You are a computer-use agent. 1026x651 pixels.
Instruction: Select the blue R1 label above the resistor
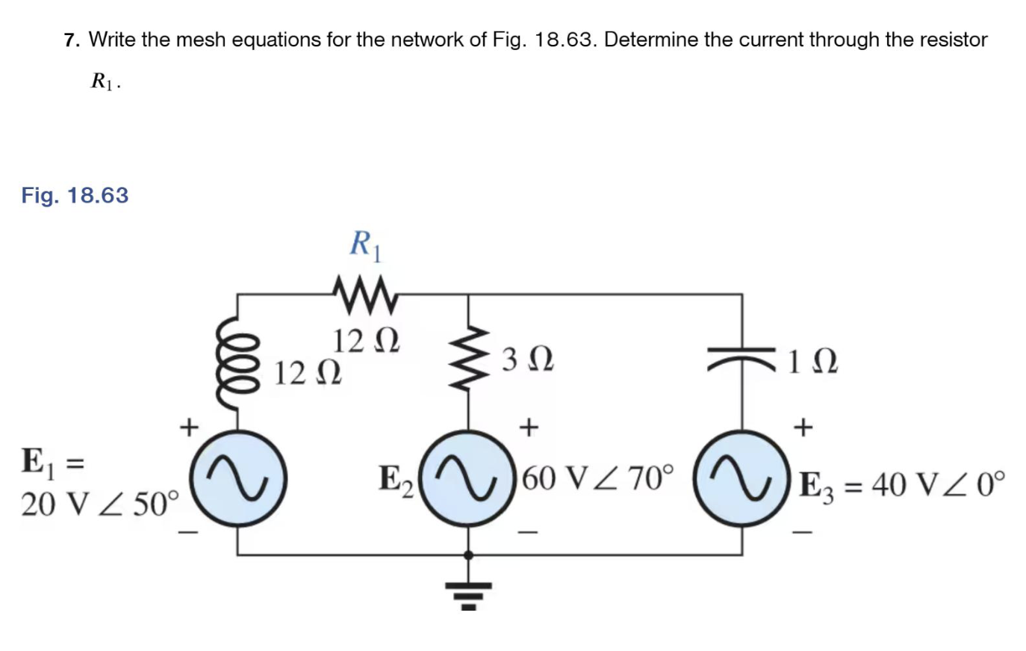[x=366, y=245]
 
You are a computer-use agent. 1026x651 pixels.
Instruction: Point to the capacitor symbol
[x=741, y=359]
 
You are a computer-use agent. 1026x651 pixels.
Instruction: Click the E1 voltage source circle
[x=237, y=479]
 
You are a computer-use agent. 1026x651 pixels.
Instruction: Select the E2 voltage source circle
[x=468, y=479]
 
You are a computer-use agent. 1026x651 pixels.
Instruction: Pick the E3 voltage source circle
[x=741, y=479]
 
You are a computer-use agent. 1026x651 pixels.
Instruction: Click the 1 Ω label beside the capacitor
[x=812, y=362]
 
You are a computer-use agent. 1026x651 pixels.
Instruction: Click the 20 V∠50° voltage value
[x=100, y=505]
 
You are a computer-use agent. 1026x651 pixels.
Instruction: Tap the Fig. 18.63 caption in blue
[x=75, y=195]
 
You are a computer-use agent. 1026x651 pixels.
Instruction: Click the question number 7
[x=71, y=40]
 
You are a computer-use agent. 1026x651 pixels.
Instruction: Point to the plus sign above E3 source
[x=803, y=428]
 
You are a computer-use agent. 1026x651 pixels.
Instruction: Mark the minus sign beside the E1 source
[x=189, y=533]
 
